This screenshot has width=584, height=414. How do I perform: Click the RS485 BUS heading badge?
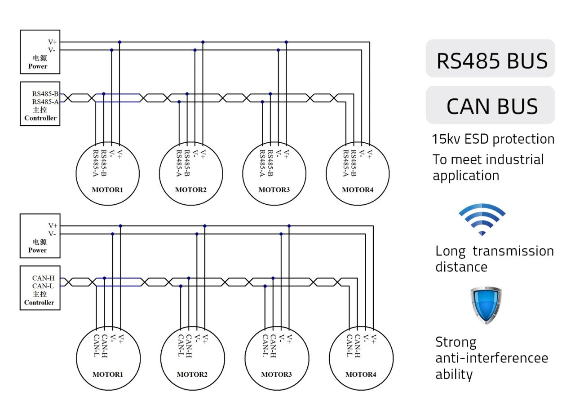pyautogui.click(x=490, y=58)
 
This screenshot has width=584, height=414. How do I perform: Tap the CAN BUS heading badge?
pyautogui.click(x=490, y=105)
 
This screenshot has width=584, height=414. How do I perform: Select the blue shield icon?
pyautogui.click(x=486, y=305)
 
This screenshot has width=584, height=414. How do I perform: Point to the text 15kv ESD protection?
pyautogui.click(x=493, y=139)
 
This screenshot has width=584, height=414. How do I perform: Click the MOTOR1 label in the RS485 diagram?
pyautogui.click(x=107, y=189)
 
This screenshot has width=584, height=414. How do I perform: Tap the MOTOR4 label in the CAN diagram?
pyautogui.click(x=361, y=374)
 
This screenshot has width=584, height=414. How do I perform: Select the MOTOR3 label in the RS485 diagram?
pyautogui.click(x=274, y=189)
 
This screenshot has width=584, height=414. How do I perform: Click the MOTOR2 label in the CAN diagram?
pyautogui.click(x=192, y=374)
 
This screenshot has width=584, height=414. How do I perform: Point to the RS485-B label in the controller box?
pyautogui.click(x=45, y=94)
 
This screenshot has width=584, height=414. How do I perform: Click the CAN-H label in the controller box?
pyautogui.click(x=44, y=278)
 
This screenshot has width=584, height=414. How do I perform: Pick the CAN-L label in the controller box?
pyautogui.click(x=43, y=286)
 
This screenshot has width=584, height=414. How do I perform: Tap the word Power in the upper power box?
pyautogui.click(x=38, y=66)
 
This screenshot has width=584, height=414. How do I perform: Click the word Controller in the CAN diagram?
pyautogui.click(x=39, y=303)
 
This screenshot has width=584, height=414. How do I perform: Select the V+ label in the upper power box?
pyautogui.click(x=53, y=42)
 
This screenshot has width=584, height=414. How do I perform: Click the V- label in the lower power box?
pyautogui.click(x=52, y=233)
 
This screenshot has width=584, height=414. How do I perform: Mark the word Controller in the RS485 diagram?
pyautogui.click(x=40, y=118)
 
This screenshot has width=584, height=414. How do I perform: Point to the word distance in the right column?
pyautogui.click(x=461, y=267)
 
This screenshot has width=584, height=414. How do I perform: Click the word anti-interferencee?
pyautogui.click(x=492, y=358)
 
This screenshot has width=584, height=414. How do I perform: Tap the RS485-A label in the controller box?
pyautogui.click(x=45, y=102)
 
